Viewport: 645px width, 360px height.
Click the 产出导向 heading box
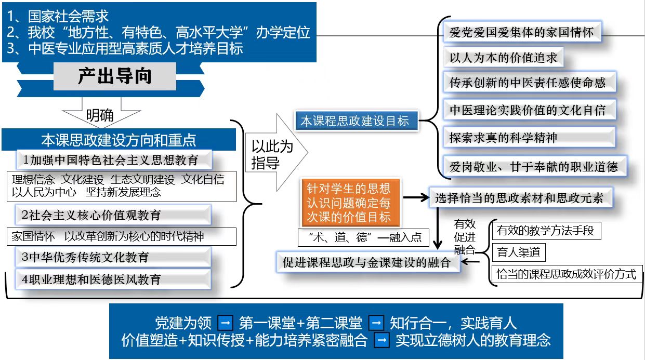click(115, 77)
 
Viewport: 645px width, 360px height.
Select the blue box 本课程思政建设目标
click(355, 121)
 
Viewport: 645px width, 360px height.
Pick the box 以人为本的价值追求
click(503, 58)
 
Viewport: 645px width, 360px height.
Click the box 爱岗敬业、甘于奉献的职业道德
click(534, 166)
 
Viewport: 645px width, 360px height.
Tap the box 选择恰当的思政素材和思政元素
click(520, 197)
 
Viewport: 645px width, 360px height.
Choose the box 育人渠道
click(519, 253)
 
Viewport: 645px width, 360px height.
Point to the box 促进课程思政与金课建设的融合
click(366, 262)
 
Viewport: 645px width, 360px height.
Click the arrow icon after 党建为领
click(226, 323)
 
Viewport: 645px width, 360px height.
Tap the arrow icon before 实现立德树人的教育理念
click(382, 341)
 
